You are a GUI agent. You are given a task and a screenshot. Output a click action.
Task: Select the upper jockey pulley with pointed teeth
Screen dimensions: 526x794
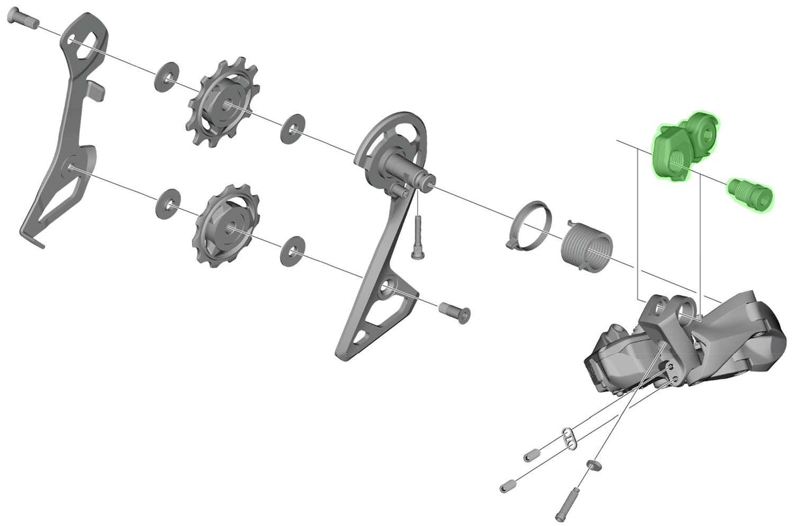point(223,104)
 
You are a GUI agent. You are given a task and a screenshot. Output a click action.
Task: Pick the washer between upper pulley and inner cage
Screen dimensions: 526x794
point(292,129)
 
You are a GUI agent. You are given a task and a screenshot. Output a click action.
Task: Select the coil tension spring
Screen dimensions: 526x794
point(586,245)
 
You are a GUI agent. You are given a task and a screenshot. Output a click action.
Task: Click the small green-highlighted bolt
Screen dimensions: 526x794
point(750,194)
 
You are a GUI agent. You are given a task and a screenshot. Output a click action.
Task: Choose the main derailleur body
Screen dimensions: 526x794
point(687,340)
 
